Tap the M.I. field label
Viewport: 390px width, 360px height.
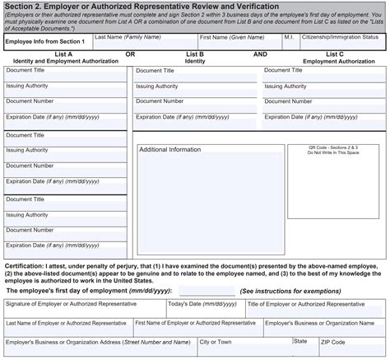coord(289,37)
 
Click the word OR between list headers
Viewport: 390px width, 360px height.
coord(130,54)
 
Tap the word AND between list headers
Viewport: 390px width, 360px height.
coord(260,54)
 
